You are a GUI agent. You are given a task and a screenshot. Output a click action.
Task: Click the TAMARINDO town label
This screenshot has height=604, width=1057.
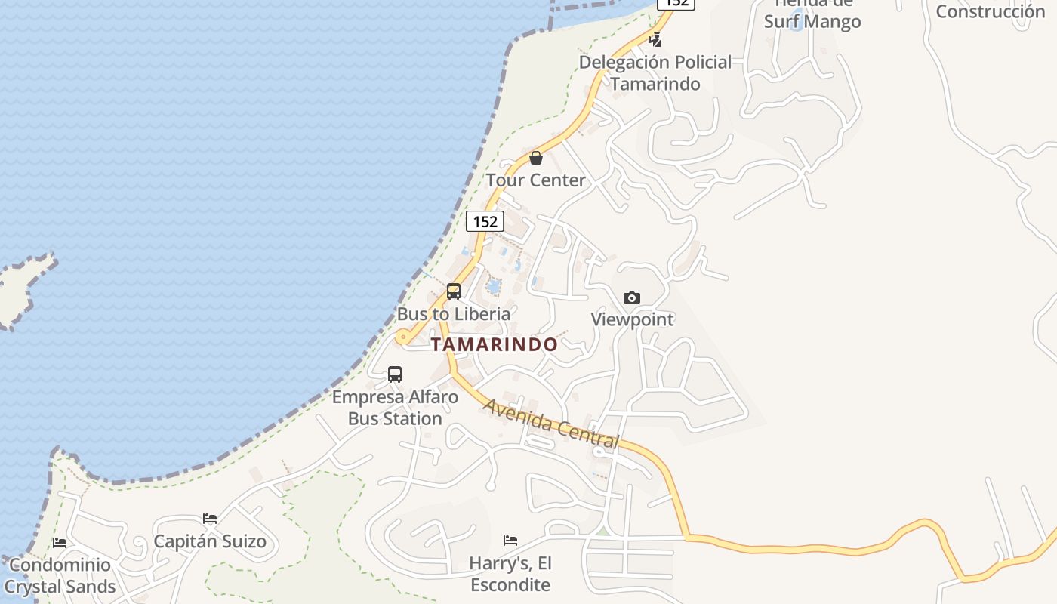[495, 344]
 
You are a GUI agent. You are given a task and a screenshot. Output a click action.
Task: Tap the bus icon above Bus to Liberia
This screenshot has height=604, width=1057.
[454, 291]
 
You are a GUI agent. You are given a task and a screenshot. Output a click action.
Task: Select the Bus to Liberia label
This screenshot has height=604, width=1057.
[454, 313]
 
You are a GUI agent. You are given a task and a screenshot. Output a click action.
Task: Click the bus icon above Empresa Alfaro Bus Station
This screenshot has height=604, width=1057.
[395, 374]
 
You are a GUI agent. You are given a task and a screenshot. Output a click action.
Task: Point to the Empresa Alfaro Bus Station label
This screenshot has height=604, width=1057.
[395, 408]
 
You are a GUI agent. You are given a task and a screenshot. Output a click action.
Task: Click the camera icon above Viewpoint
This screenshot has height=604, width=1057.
[632, 297]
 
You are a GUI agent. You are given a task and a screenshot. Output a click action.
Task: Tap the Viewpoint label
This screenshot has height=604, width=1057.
[632, 319]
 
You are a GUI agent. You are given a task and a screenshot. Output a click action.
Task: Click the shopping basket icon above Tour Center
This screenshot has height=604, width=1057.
[536, 158]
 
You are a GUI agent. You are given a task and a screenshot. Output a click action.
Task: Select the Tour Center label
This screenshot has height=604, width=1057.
[536, 180]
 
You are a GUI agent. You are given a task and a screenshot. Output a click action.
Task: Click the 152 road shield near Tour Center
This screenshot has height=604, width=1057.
[485, 221]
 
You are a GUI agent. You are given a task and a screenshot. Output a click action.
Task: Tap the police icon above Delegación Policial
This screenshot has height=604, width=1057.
[655, 40]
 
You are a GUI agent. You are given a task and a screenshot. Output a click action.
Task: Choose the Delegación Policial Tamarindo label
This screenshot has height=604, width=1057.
[655, 72]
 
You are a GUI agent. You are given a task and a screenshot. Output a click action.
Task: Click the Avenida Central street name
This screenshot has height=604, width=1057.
[551, 424]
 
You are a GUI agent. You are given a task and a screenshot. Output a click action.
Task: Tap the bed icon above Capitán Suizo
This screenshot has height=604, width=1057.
[210, 519]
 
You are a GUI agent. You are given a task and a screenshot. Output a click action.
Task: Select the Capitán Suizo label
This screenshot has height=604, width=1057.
[210, 541]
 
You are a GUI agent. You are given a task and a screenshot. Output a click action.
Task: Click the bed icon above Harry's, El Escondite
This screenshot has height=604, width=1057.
[510, 541]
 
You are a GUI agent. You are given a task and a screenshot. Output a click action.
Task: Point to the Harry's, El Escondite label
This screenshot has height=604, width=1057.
[510, 574]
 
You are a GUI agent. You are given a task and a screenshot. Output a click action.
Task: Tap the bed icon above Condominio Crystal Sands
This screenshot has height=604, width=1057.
[60, 542]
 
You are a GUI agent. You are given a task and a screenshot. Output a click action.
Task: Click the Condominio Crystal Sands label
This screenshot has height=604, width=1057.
[60, 575]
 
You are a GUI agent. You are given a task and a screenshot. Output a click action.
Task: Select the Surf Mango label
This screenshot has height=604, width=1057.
[812, 21]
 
